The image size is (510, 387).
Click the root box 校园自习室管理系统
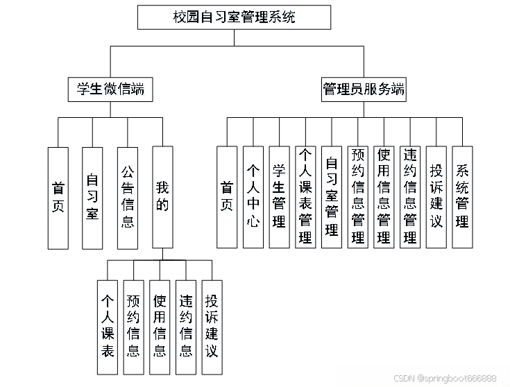(x=234, y=17)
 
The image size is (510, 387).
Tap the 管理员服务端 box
(x=364, y=89)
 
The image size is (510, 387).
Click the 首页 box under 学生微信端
(x=58, y=197)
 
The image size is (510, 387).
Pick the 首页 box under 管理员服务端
(x=227, y=197)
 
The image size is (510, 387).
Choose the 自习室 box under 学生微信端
(x=92, y=197)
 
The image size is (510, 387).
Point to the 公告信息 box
(x=128, y=197)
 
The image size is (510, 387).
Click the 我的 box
(x=162, y=197)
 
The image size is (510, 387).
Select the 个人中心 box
(x=253, y=197)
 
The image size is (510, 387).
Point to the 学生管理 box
(x=279, y=197)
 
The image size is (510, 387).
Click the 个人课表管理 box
(x=305, y=197)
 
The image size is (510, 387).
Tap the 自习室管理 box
(x=332, y=197)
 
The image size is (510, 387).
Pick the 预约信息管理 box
(x=358, y=197)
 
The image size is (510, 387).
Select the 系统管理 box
(x=462, y=197)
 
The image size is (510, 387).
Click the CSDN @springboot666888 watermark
(x=445, y=378)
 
